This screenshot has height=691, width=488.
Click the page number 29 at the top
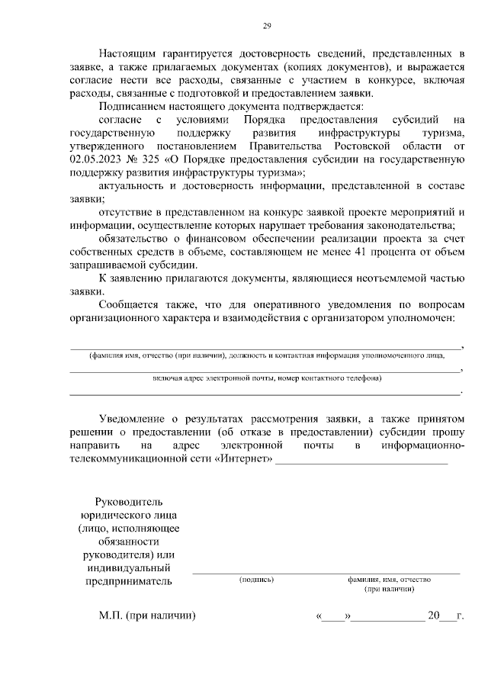pyautogui.click(x=267, y=27)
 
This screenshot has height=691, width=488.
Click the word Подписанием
pyautogui.click(x=133, y=107)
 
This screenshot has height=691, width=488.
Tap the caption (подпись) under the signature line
pyautogui.click(x=256, y=580)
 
